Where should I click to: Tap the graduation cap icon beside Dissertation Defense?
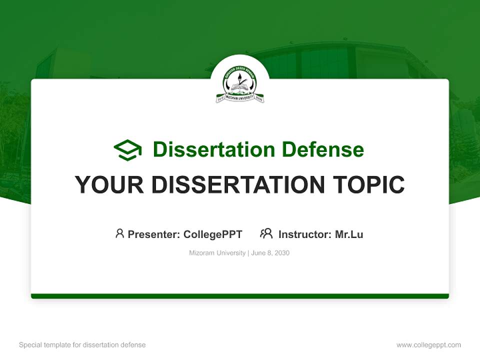click(x=127, y=150)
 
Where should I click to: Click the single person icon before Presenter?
click(x=119, y=233)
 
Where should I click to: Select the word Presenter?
click(x=153, y=234)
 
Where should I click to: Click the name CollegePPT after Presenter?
click(x=213, y=234)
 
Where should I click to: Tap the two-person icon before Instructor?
click(x=266, y=233)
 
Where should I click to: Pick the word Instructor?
click(x=304, y=234)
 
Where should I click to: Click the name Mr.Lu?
click(x=349, y=234)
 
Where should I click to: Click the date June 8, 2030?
click(x=270, y=253)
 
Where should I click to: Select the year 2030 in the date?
click(x=281, y=253)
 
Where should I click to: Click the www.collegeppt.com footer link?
click(x=428, y=345)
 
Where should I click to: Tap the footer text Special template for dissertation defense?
click(x=82, y=345)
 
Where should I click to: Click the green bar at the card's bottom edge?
click(x=240, y=296)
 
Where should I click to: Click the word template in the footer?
click(x=57, y=345)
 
